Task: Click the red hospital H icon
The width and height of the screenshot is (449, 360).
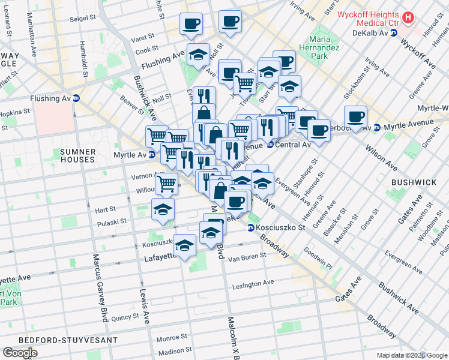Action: tap(408, 18)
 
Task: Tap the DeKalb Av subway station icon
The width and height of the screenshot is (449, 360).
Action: tap(394, 33)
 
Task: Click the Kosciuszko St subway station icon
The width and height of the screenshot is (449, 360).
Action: tap(251, 227)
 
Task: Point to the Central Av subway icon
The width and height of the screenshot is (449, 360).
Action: tap(270, 145)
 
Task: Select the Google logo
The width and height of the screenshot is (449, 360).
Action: tap(20, 353)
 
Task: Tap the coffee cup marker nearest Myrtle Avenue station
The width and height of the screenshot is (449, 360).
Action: tap(355, 117)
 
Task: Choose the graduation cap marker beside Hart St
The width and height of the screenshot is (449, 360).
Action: tap(163, 209)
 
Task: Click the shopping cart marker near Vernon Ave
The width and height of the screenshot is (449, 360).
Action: tap(166, 183)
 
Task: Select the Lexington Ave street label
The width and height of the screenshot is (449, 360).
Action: tap(253, 283)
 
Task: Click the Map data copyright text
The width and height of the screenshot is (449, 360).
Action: tap(412, 355)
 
